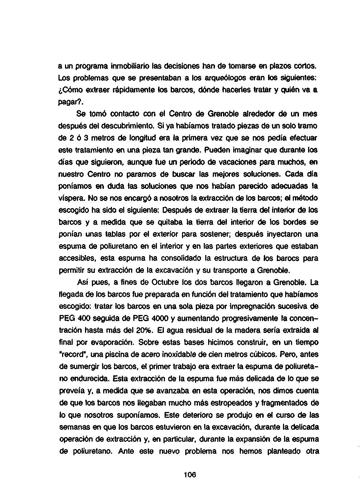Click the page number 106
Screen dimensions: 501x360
coord(190,474)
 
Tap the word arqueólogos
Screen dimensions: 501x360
coord(206,78)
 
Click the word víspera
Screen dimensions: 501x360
coord(70,198)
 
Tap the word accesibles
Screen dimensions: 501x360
coord(75,258)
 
